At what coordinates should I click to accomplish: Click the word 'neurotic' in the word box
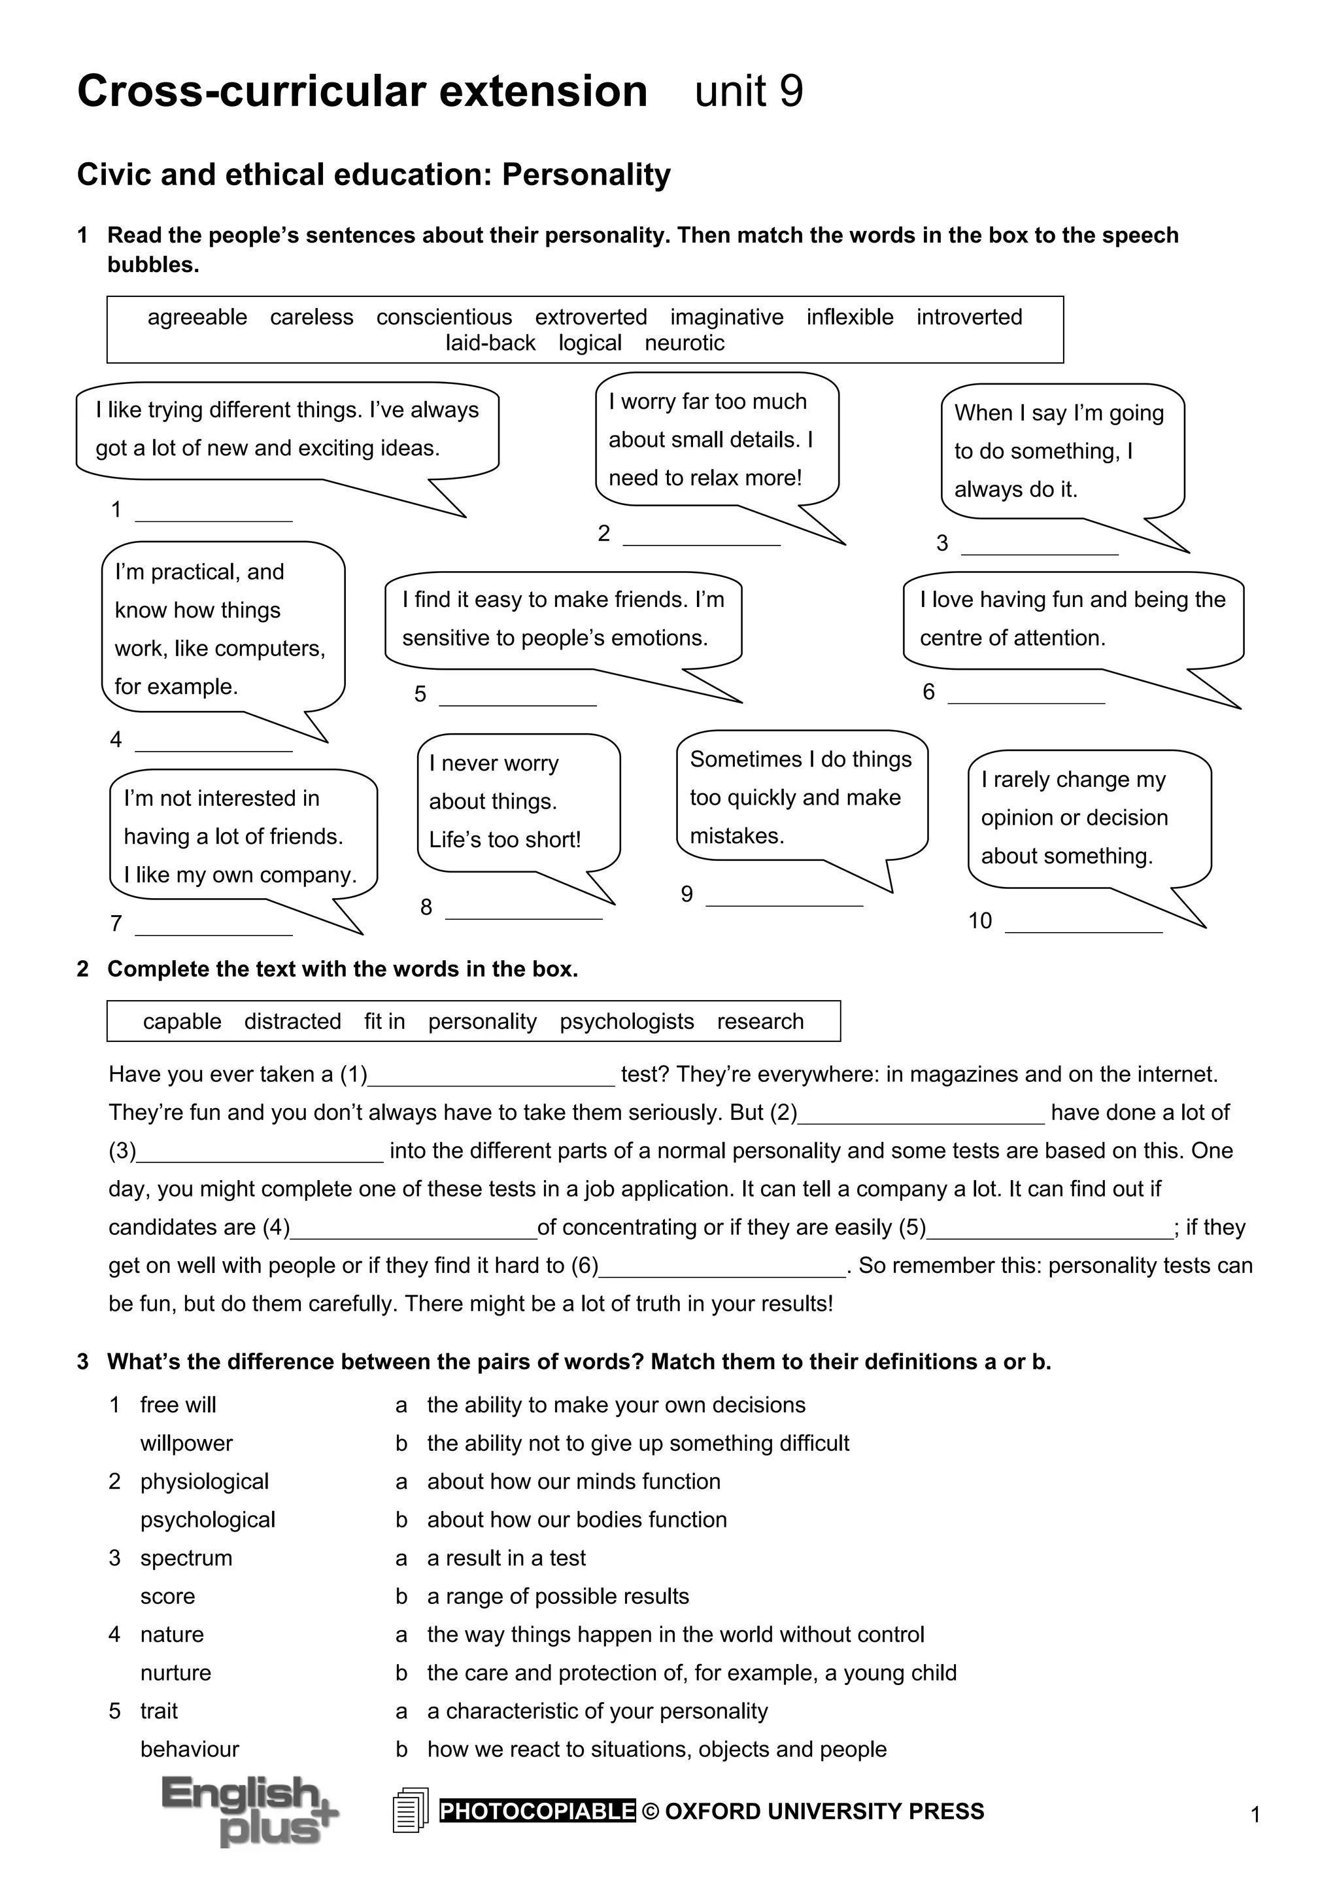(684, 343)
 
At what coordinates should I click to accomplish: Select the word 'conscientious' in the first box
(444, 318)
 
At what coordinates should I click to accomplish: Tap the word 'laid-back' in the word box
(490, 343)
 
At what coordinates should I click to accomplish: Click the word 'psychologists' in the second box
(626, 1022)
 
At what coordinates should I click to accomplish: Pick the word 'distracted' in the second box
(292, 1022)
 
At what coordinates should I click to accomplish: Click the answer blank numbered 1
(214, 513)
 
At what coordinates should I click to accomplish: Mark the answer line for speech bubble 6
(1026, 696)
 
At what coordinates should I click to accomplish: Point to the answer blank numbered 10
(1083, 924)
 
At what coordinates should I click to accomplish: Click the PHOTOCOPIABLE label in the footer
(537, 1811)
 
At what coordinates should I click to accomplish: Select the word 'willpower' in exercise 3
(186, 1444)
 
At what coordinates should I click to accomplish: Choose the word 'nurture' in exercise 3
(176, 1673)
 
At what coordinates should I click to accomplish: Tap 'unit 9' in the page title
(749, 92)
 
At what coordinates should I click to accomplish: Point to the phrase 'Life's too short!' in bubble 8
(505, 840)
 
